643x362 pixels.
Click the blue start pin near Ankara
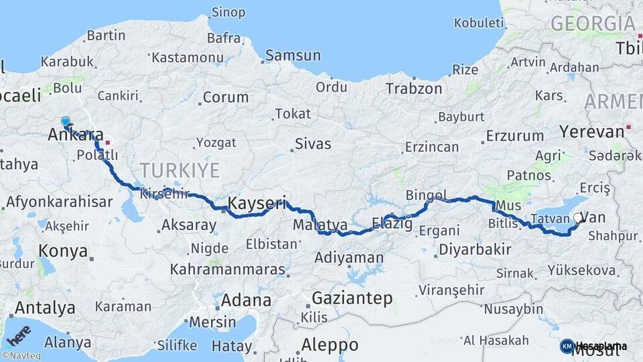click(x=65, y=121)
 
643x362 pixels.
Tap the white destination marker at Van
click(x=579, y=217)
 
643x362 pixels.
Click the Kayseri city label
click(x=257, y=202)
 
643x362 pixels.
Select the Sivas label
click(x=313, y=143)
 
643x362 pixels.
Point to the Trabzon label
click(x=413, y=88)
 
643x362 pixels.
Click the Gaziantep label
click(x=352, y=299)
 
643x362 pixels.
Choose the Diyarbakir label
click(x=476, y=249)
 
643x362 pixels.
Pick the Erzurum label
click(x=514, y=135)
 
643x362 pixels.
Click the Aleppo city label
click(x=329, y=345)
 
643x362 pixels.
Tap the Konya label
click(x=64, y=251)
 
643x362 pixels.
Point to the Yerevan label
click(x=591, y=131)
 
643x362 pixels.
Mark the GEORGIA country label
click(x=592, y=23)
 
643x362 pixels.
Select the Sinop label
click(x=228, y=12)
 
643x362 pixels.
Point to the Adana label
click(x=246, y=300)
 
